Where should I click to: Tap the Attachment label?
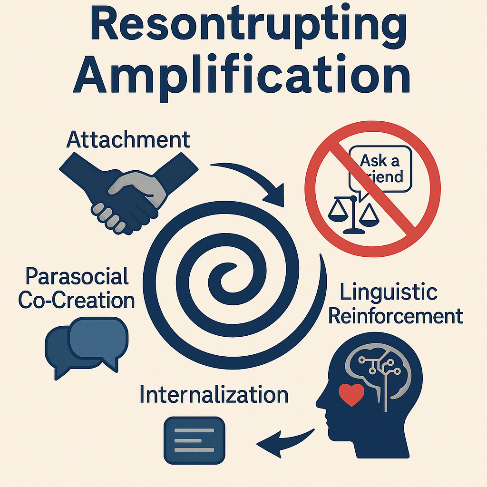(x=128, y=140)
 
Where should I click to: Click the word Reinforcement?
(x=395, y=316)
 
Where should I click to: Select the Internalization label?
(x=214, y=395)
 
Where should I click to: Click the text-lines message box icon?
(x=194, y=440)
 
